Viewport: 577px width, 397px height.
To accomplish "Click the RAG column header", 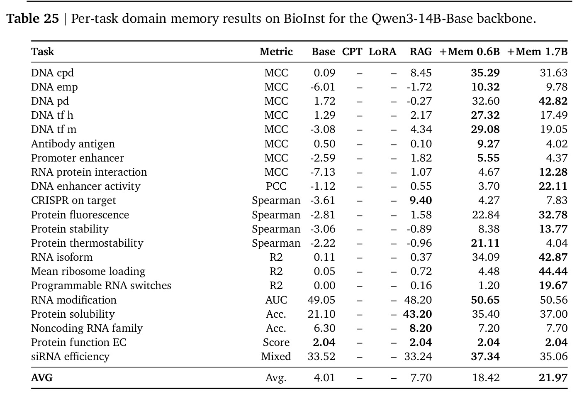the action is click(421, 52).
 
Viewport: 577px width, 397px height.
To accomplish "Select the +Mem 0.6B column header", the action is click(469, 52).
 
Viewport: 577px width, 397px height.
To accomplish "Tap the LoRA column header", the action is click(382, 52).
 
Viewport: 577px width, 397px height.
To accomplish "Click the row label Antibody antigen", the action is click(73, 144).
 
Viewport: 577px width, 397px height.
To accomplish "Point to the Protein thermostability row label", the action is click(87, 243).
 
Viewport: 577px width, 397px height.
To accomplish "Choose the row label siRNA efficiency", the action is click(71, 356).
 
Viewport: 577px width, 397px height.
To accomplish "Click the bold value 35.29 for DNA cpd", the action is click(485, 73).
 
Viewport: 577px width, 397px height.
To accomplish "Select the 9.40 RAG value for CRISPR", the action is click(421, 201).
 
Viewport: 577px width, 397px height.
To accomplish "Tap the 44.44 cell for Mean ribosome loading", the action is click(553, 271).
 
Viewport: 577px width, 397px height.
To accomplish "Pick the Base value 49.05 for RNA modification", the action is click(321, 300).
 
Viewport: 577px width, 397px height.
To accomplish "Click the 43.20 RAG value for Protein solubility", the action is click(418, 314).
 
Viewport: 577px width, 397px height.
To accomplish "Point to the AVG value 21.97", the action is click(553, 378).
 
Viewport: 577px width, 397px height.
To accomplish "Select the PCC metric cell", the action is click(276, 186).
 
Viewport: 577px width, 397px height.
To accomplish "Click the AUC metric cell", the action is click(276, 300).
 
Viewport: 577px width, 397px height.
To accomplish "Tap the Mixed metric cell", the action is click(276, 356).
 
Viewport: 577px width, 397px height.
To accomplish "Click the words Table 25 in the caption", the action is click(33, 19).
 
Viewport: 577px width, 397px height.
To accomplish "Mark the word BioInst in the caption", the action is click(304, 19).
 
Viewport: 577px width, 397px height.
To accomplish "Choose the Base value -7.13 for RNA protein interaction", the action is click(323, 172).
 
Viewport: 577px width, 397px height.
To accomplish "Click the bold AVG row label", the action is click(42, 378).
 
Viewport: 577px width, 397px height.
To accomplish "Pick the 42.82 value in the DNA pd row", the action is click(553, 101).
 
